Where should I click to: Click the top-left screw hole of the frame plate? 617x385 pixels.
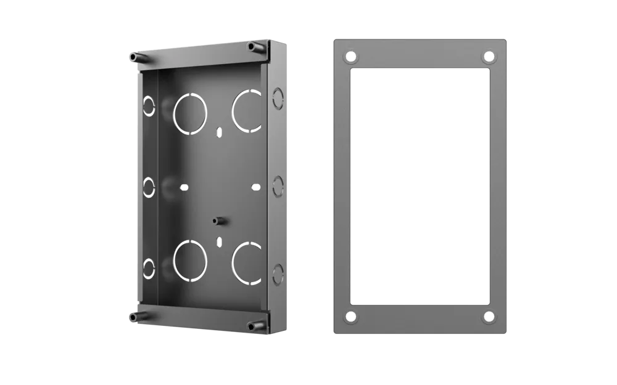coord(351,57)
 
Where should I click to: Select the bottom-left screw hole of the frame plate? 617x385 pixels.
coord(351,317)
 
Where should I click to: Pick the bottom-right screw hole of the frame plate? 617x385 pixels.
coord(489,317)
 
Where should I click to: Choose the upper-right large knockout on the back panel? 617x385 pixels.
coord(247,110)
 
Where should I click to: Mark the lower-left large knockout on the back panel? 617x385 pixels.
coord(189,262)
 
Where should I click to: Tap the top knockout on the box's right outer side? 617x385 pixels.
coord(277,95)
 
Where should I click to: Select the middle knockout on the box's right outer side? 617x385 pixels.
coord(277,184)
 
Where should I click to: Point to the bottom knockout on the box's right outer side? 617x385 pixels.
coord(277,274)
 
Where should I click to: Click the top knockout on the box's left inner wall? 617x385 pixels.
coord(148,106)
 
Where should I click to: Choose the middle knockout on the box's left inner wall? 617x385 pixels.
coord(149,187)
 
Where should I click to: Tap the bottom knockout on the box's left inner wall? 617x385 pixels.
coord(149,268)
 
